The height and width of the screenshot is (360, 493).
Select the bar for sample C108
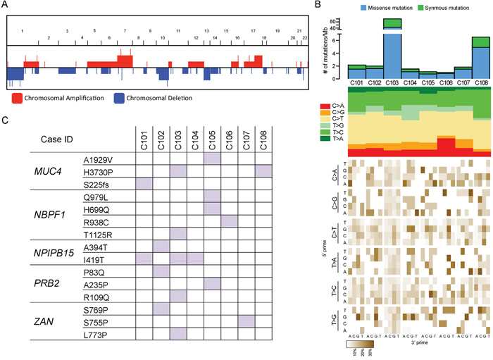(481, 60)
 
